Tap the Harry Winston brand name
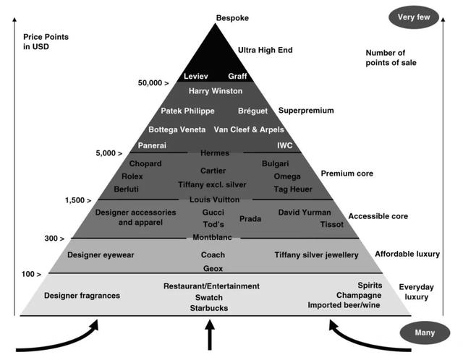[215, 91]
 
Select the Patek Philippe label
[187, 111]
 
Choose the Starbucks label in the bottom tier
[209, 308]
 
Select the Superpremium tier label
[306, 111]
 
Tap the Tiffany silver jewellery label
[316, 255]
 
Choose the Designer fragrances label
[82, 296]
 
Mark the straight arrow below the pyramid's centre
[211, 335]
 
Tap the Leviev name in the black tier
[195, 76]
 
